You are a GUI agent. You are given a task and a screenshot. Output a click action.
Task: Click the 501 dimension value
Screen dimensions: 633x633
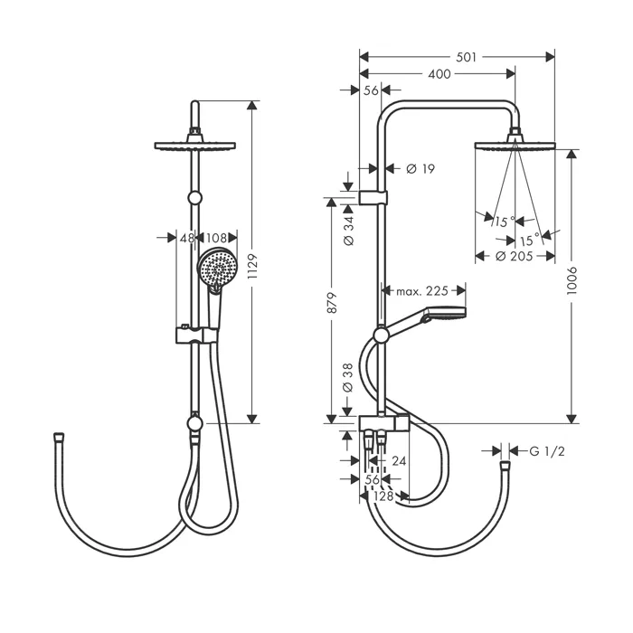pyautogui.click(x=467, y=57)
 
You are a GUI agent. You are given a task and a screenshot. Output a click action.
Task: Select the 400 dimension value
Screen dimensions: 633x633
pyautogui.click(x=439, y=74)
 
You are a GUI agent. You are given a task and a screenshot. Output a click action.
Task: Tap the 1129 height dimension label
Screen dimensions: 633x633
pyautogui.click(x=252, y=267)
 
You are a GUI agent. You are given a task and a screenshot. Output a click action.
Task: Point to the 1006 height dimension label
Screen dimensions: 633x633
pyautogui.click(x=572, y=280)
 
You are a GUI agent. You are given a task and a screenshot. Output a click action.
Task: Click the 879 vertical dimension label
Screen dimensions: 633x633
pyautogui.click(x=332, y=302)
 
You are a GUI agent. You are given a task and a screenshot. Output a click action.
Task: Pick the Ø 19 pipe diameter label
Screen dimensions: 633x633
pyautogui.click(x=420, y=168)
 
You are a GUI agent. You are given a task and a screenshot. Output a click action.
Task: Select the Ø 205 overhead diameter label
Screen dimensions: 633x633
pyautogui.click(x=514, y=256)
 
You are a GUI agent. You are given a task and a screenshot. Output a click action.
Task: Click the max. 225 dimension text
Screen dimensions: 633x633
pyautogui.click(x=422, y=290)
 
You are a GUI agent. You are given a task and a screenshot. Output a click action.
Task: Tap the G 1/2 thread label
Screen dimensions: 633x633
pyautogui.click(x=546, y=451)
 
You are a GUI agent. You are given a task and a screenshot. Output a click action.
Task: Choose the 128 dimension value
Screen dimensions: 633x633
pyautogui.click(x=383, y=496)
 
